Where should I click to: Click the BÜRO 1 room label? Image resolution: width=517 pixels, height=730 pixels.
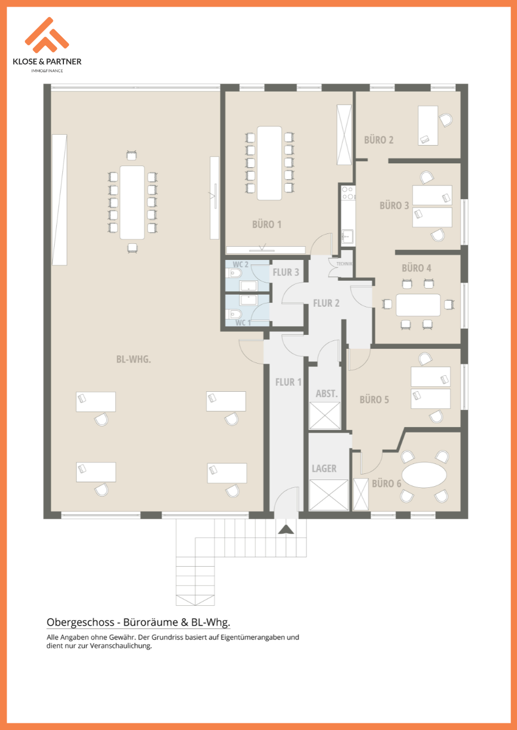(267, 225)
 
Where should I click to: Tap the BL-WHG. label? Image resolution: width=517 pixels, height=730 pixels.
(133, 359)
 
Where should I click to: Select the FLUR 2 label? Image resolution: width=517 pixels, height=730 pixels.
(326, 303)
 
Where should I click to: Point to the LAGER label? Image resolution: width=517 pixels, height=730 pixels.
(324, 468)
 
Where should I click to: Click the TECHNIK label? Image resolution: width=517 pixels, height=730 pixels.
(344, 264)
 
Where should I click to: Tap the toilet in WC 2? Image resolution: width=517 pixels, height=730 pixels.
(234, 273)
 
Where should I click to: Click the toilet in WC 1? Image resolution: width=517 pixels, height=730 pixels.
(234, 314)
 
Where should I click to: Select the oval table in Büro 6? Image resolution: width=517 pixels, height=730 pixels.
(424, 475)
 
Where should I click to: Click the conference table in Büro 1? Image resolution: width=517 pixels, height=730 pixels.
(269, 163)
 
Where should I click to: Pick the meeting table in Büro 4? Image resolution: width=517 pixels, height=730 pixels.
(418, 305)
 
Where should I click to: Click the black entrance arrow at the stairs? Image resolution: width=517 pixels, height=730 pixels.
(286, 530)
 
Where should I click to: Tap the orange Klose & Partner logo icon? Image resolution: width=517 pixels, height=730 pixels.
(47, 35)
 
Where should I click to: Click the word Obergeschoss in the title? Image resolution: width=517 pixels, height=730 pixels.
(80, 622)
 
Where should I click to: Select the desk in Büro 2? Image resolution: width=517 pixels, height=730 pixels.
(428, 125)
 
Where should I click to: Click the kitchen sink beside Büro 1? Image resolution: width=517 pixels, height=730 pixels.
(347, 236)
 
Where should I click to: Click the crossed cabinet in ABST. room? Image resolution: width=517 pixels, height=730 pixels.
(325, 415)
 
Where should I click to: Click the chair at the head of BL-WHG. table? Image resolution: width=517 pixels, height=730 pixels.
(132, 155)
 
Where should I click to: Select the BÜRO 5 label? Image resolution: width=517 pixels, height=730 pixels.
(374, 400)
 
